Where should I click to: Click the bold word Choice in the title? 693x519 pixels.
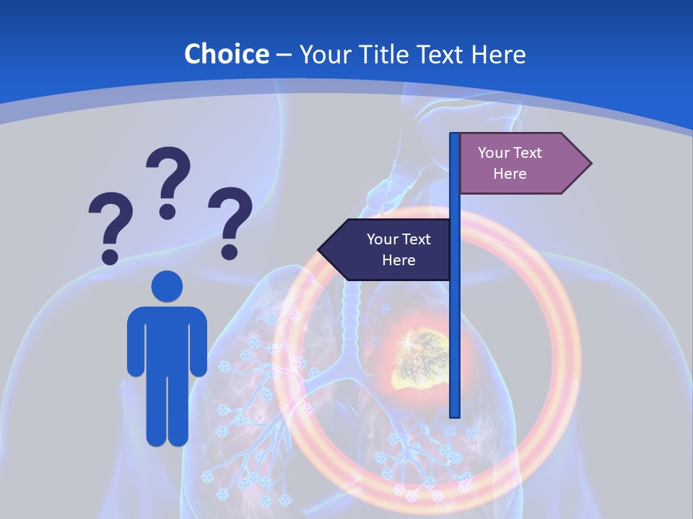[x=226, y=54]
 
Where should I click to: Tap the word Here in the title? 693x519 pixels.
[x=498, y=54]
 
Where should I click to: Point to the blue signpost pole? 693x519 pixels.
[x=455, y=324]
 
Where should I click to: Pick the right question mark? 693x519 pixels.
[x=230, y=221]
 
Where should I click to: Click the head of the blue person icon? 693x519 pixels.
[x=167, y=286]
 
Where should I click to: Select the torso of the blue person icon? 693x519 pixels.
[x=167, y=339]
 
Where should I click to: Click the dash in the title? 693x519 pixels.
[x=284, y=55]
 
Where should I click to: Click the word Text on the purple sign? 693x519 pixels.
[x=527, y=153]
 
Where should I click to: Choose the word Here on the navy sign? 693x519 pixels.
[x=398, y=259]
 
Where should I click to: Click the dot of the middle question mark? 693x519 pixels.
[x=167, y=211]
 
